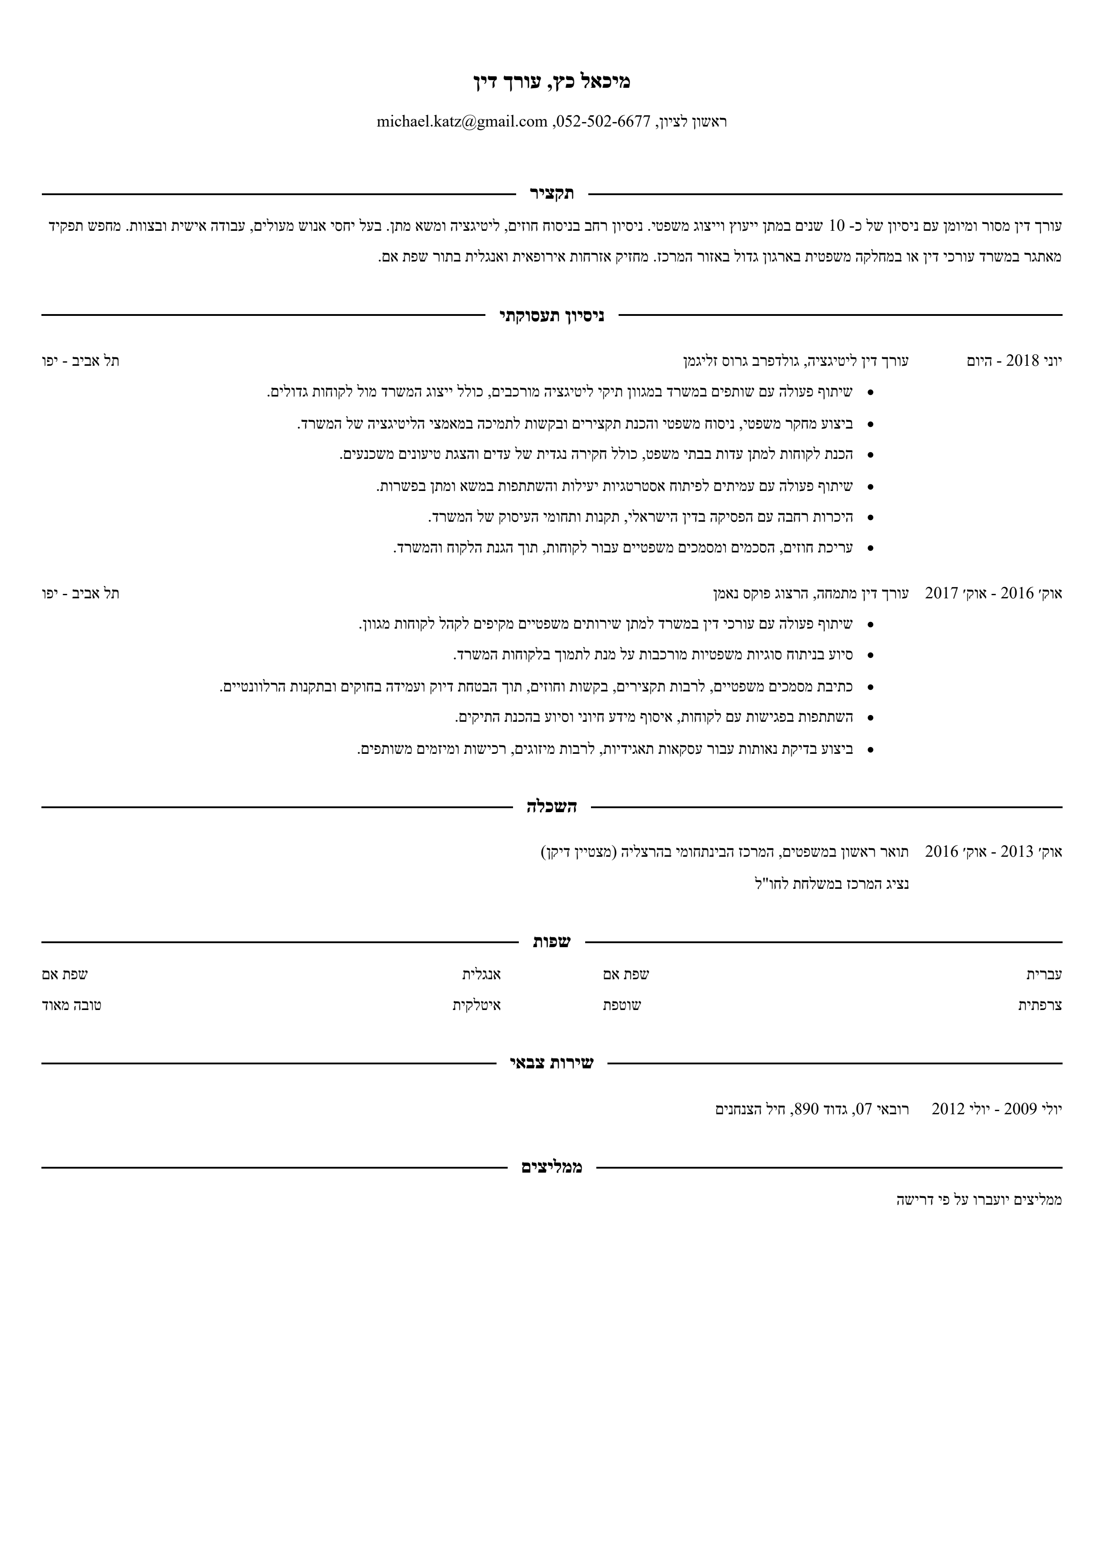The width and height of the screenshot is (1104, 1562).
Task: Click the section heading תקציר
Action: tap(552, 194)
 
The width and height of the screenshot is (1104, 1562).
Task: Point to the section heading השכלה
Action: tap(552, 807)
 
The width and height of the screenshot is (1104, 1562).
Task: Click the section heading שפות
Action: tap(552, 942)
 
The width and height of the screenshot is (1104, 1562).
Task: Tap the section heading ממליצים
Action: tap(552, 1167)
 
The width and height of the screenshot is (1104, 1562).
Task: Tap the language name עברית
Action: tap(1044, 974)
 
